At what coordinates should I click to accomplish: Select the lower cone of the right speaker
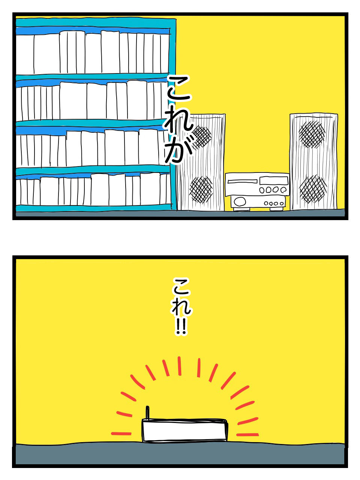click(x=313, y=188)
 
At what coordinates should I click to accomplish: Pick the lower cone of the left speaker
click(x=201, y=189)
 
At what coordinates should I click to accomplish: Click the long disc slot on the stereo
click(x=242, y=181)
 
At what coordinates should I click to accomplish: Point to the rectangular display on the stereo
click(x=273, y=180)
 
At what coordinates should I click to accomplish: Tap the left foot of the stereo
click(x=237, y=209)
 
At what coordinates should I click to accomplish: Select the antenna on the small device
click(x=147, y=412)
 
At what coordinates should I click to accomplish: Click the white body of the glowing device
click(x=184, y=430)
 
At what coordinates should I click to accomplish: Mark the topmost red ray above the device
click(x=180, y=366)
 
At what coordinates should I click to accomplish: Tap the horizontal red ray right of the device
click(x=247, y=435)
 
